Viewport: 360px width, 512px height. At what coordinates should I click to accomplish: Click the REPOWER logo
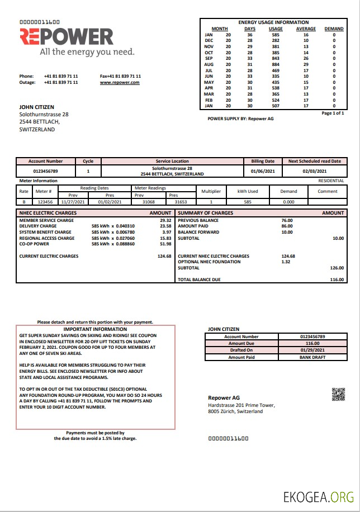coord(67,37)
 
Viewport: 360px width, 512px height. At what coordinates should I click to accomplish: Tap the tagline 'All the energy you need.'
coord(87,52)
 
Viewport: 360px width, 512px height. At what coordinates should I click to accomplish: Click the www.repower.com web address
coord(120,82)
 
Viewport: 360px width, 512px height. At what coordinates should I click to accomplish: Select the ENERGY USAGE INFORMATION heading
coord(273,22)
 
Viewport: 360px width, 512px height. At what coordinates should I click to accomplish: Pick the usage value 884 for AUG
coord(276,64)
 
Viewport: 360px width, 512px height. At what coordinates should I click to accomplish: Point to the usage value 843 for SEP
coord(276,58)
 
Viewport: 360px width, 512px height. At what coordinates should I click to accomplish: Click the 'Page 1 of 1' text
coord(333,113)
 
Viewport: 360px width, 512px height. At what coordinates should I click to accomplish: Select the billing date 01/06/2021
coord(262,171)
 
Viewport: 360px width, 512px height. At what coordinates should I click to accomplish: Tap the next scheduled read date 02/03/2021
coord(314,171)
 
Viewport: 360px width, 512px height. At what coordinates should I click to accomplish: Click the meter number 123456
coord(44,201)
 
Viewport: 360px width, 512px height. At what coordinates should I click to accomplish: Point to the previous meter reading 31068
coord(148,201)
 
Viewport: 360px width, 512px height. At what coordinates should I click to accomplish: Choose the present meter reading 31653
coord(181,201)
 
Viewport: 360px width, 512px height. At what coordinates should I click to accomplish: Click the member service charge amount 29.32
coord(165,220)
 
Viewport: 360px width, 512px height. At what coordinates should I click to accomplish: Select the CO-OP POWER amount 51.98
coord(165,244)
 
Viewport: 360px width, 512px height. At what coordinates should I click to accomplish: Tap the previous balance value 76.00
coord(287,220)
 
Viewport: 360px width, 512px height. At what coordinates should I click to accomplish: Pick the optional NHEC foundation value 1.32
coord(286,262)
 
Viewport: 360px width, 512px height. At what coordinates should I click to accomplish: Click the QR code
coord(338,394)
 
